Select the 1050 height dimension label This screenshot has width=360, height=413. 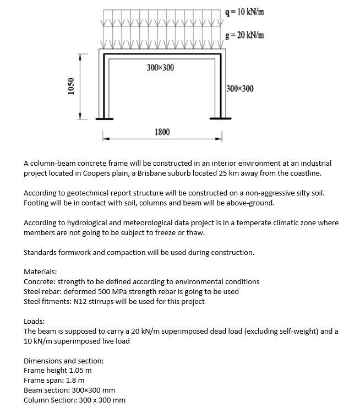point(70,86)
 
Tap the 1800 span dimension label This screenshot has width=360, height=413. point(162,132)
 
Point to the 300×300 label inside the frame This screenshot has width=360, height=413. point(160,68)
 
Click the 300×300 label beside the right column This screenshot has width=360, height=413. point(240,89)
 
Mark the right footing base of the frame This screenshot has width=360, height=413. point(221,118)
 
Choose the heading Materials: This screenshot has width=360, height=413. point(40,272)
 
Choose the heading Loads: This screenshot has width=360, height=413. point(34,321)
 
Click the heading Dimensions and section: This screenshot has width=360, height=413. point(63,361)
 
